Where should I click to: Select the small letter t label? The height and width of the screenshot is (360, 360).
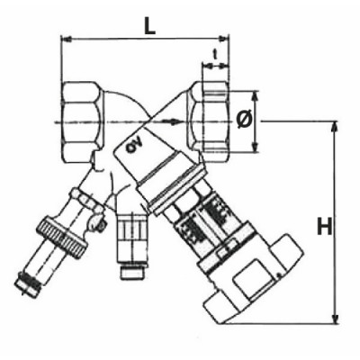pos(215,55)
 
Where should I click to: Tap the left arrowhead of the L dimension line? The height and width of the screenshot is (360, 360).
pos(65,39)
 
